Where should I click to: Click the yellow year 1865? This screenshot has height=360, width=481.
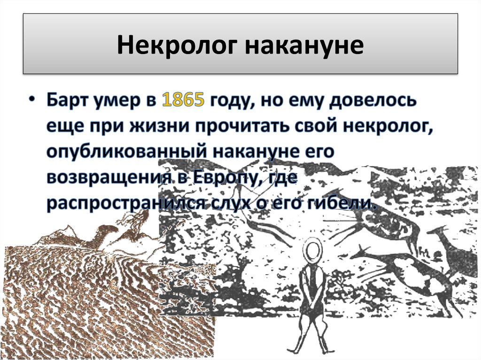coord(183,102)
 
